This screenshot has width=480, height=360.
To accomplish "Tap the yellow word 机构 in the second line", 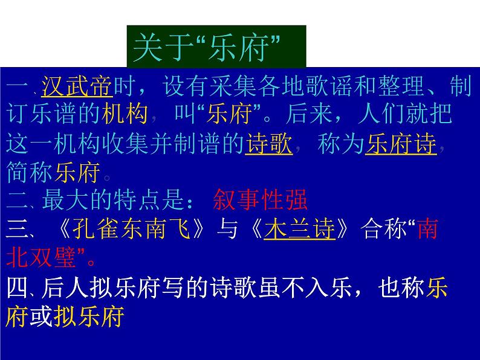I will click(x=134, y=116).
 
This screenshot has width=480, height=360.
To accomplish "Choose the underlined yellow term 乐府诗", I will click(x=400, y=145).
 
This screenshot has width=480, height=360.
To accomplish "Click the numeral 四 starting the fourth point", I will click(x=18, y=288).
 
